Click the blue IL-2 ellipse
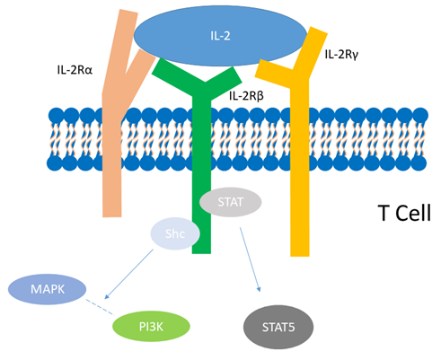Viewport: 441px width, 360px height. coord(220,36)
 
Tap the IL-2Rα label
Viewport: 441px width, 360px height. coord(75,70)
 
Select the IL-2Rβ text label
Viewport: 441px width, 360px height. coord(246,96)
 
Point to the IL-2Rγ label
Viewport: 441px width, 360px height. coord(341,55)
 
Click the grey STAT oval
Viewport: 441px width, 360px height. coord(230,202)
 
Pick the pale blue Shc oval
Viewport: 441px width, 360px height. coord(175,233)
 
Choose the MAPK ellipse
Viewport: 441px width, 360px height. coord(48,289)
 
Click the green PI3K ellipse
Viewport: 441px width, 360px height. coord(151,327)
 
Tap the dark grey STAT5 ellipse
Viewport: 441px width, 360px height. coord(278,327)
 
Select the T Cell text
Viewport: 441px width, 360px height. coord(404,213)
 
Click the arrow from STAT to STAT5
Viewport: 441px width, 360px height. coord(250,259)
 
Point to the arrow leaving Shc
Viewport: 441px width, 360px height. coord(128,274)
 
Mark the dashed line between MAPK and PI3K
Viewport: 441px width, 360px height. coord(101,307)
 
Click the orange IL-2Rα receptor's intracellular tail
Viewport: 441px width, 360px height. coord(112,191)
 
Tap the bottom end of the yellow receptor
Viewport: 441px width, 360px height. coord(300,255)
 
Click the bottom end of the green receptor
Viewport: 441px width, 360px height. coord(201,252)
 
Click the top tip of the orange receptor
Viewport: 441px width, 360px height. coord(129,11)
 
